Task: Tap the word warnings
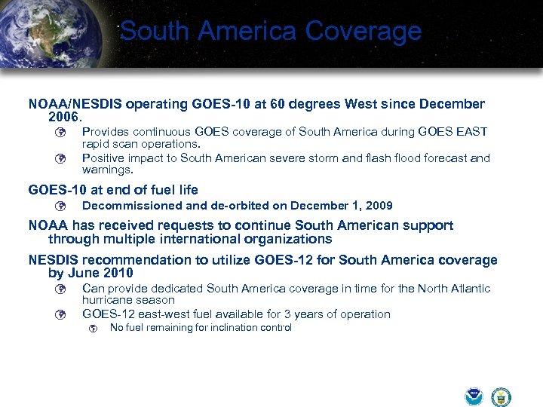pyautogui.click(x=106, y=170)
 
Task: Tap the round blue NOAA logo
pyautogui.click(x=474, y=396)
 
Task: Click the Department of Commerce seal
pyautogui.click(x=500, y=396)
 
